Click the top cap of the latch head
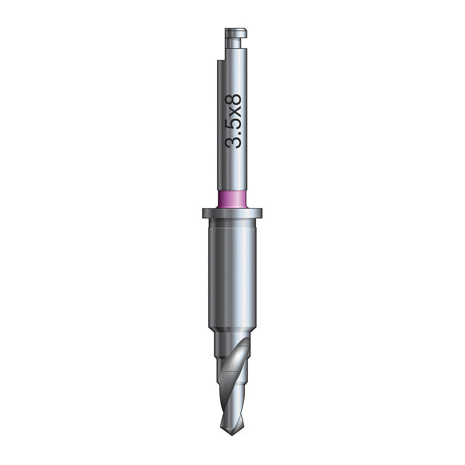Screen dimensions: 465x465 tap(235, 33)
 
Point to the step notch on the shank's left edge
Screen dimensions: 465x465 tap(221, 60)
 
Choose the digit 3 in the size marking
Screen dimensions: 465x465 tap(233, 142)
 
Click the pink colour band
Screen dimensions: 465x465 tap(232, 199)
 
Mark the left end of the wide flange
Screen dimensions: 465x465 tap(203, 213)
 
